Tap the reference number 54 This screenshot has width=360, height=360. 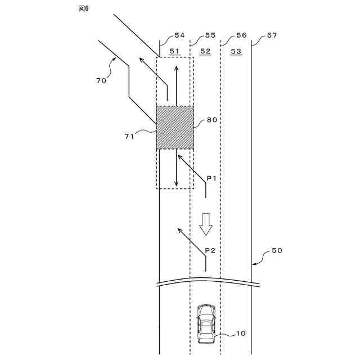coord(179,35)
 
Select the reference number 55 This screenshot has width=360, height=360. coord(210,35)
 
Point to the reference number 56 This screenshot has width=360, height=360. coord(241,35)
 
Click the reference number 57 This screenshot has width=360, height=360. coord(272,35)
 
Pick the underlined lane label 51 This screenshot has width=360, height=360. coord(175,51)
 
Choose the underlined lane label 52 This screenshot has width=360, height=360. coord(205,51)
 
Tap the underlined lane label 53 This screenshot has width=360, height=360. coord(236,51)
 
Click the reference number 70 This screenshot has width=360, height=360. coord(101,80)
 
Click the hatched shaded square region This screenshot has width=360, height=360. coord(175,127)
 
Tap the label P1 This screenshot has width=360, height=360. coord(211,178)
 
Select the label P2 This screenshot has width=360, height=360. coord(210,249)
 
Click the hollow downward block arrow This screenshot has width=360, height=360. coord(205,224)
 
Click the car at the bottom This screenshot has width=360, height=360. coord(206,324)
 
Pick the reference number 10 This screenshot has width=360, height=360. coord(240,334)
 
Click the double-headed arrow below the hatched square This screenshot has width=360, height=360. coord(177,169)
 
